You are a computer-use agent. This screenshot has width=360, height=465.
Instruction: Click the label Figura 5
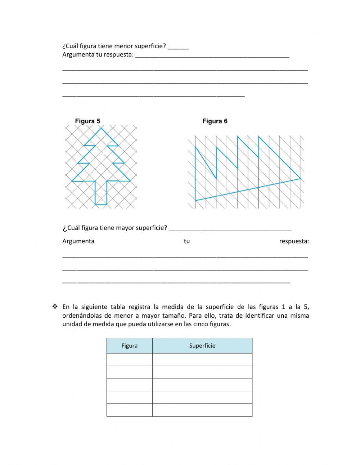click(x=87, y=121)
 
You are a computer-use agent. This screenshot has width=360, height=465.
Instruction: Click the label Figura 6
click(x=215, y=121)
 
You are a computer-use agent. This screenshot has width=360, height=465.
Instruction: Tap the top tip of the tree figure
click(x=101, y=128)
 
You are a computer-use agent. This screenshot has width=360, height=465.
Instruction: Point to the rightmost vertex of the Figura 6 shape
click(x=300, y=179)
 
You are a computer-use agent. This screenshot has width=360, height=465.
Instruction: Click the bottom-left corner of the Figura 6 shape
click(x=195, y=200)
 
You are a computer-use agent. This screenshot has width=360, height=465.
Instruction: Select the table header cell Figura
click(x=129, y=346)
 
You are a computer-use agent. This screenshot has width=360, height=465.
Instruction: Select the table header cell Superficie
click(x=202, y=346)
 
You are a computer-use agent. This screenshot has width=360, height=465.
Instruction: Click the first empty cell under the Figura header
click(x=129, y=359)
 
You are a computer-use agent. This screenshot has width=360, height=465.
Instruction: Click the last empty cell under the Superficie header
click(x=202, y=410)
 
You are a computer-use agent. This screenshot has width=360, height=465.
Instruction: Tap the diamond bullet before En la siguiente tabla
click(x=55, y=307)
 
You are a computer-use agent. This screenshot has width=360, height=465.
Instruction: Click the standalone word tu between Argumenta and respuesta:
click(x=186, y=241)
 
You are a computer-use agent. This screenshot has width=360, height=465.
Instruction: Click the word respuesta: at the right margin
click(x=294, y=241)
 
